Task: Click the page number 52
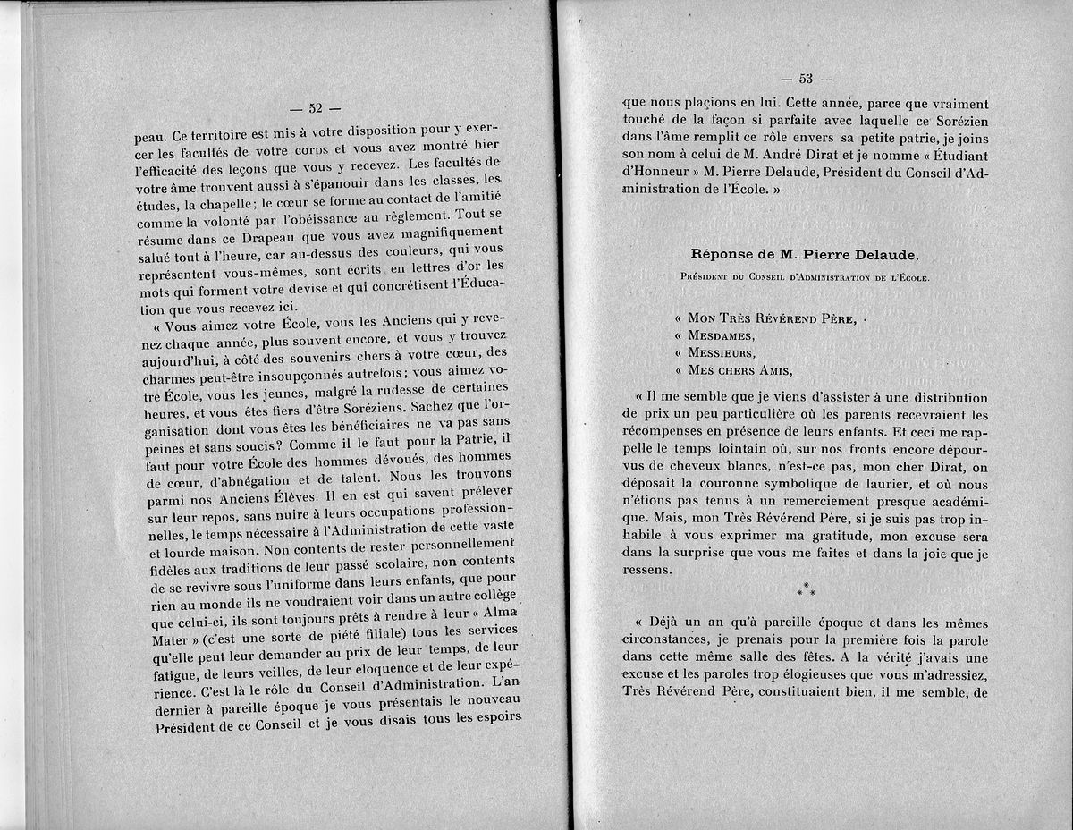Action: coord(315,109)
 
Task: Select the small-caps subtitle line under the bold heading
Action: coord(805,277)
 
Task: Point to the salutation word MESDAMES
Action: coord(722,335)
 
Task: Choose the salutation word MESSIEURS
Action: coord(726,352)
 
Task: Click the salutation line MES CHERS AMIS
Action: coord(740,369)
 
